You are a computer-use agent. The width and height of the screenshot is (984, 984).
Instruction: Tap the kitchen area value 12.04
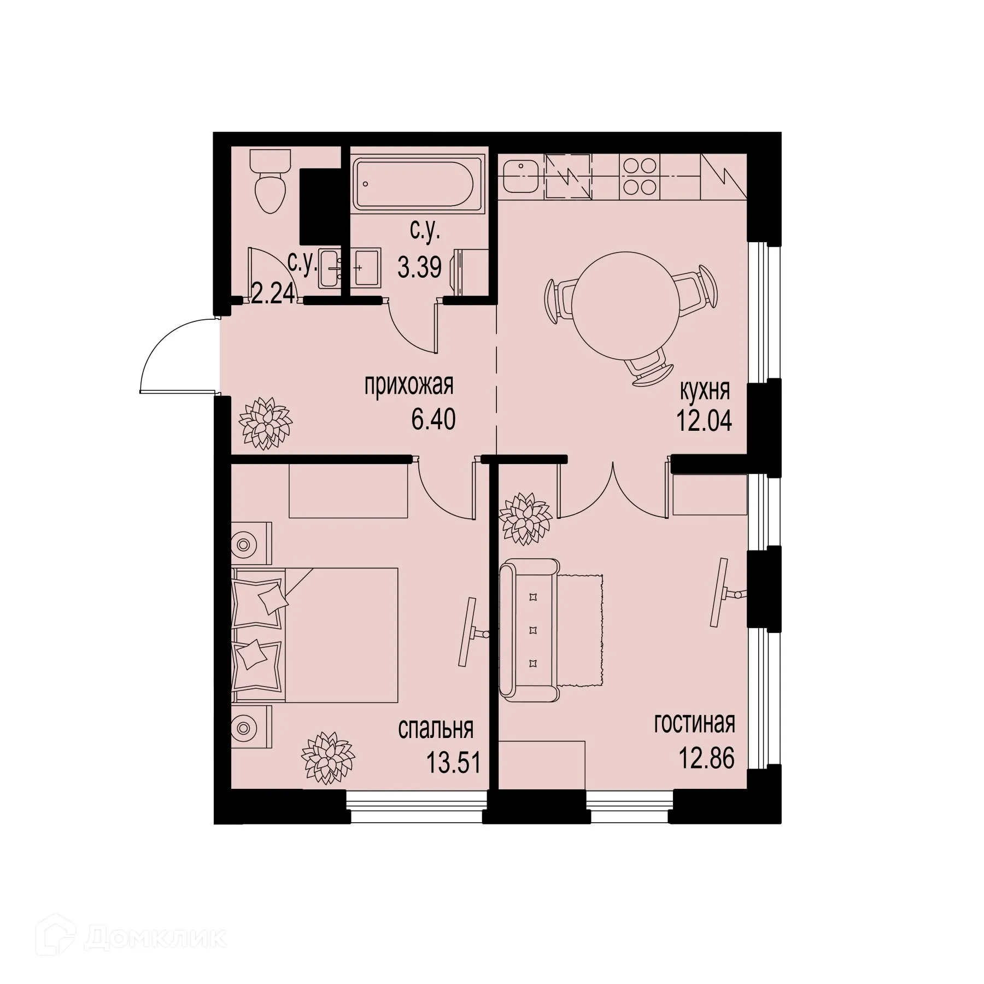tap(705, 422)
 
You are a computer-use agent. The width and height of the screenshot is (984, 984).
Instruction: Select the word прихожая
tap(409, 386)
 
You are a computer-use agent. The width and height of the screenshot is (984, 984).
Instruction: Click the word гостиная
tap(694, 724)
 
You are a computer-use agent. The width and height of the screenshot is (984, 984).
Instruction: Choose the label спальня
tap(436, 729)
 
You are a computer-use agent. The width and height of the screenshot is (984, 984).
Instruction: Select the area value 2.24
tap(273, 295)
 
